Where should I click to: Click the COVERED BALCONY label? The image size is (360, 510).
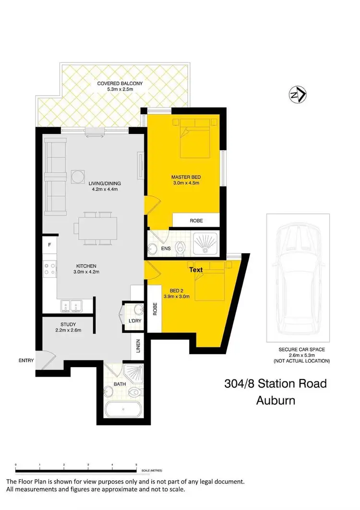pos(120,83)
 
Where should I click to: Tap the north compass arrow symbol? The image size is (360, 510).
pos(298,95)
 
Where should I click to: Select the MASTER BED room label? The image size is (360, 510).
pos(185,178)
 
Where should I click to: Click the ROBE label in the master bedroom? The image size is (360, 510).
pos(196,221)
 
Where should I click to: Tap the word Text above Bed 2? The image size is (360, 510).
pos(196,270)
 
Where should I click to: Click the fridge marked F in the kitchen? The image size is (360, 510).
pos(49,245)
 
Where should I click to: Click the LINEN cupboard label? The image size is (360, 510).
pos(138,346)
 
